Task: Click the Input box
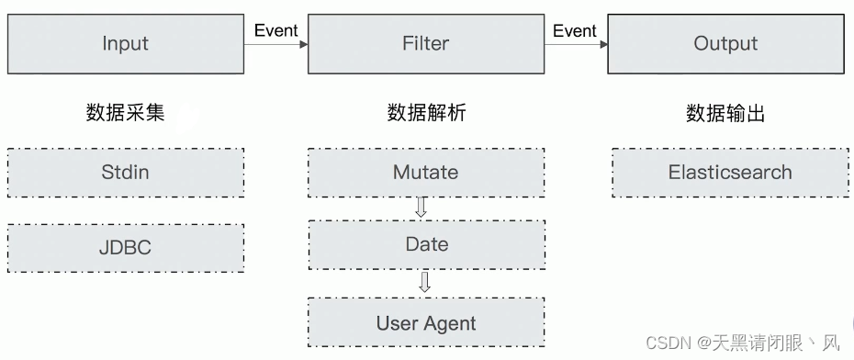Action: (x=125, y=44)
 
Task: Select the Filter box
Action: (x=426, y=44)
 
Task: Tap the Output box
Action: (x=725, y=44)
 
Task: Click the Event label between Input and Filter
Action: (x=275, y=30)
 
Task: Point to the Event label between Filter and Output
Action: (x=575, y=30)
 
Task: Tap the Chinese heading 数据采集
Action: (x=125, y=113)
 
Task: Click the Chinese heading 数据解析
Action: (x=426, y=113)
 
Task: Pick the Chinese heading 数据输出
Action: (x=725, y=113)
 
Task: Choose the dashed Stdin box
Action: (x=125, y=173)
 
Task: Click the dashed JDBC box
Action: (x=125, y=247)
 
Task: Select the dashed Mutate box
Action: (x=426, y=173)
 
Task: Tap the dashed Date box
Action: (x=426, y=244)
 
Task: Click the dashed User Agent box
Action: (x=426, y=322)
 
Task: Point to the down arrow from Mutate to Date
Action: (x=421, y=208)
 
